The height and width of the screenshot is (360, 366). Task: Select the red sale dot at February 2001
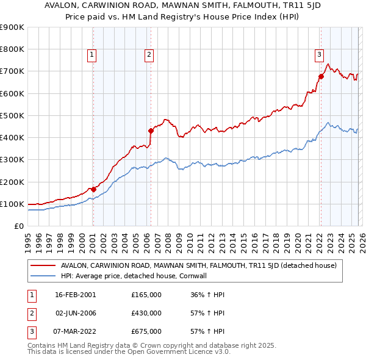tap(93, 189)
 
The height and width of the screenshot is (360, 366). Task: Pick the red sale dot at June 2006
tap(151, 130)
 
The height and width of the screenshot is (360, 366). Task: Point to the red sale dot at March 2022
tap(321, 76)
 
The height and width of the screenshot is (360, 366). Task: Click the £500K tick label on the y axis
tap(12, 115)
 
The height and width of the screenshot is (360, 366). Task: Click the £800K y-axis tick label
tap(12, 49)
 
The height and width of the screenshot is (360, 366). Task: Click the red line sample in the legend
tap(43, 265)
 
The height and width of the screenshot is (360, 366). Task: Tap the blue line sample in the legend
tap(43, 276)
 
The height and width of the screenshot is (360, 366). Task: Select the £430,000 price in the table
tap(146, 313)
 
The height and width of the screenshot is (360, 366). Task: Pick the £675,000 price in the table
tap(146, 331)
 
